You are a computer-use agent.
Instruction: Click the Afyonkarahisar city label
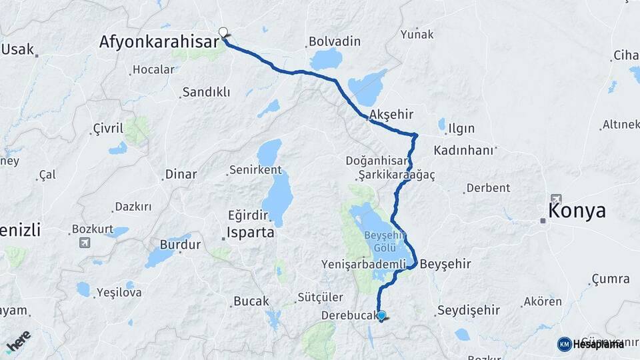159,43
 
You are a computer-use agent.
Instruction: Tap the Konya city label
577,211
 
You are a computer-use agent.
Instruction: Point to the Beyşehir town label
445,264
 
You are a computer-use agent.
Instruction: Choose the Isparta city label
250,233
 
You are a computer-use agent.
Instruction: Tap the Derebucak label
349,315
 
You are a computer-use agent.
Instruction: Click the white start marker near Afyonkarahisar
223,31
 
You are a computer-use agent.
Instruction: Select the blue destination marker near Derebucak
381,316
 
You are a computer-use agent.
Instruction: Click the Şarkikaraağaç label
396,175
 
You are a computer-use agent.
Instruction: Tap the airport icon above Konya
556,199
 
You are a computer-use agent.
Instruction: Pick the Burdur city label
180,245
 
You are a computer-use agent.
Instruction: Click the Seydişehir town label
469,311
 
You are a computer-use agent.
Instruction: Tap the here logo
19,341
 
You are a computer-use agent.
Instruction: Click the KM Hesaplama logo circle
564,344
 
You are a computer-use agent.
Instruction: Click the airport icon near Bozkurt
85,242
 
